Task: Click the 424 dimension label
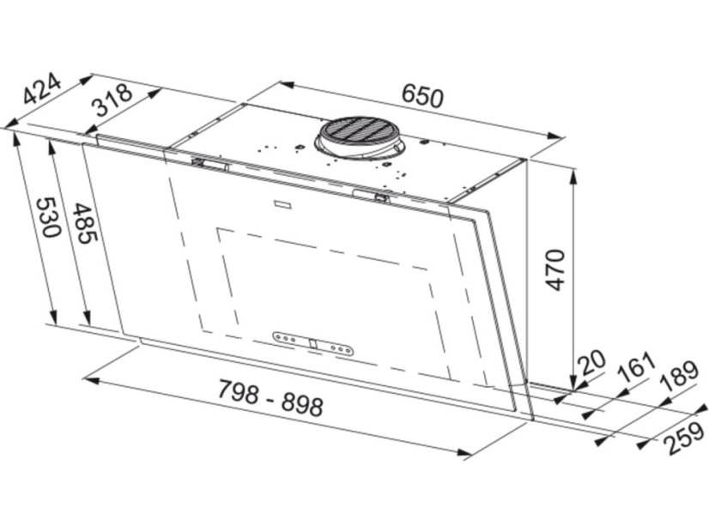pyautogui.click(x=41, y=88)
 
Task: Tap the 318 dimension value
pyautogui.click(x=112, y=100)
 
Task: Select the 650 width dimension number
pyautogui.click(x=423, y=97)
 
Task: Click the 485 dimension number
pyautogui.click(x=84, y=223)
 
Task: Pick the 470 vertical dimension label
pyautogui.click(x=555, y=269)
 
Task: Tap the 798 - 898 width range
pyautogui.click(x=270, y=398)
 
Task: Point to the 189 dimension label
pyautogui.click(x=680, y=375)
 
